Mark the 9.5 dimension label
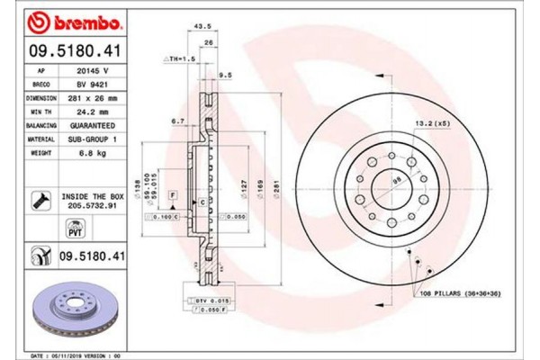[x=226, y=76]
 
